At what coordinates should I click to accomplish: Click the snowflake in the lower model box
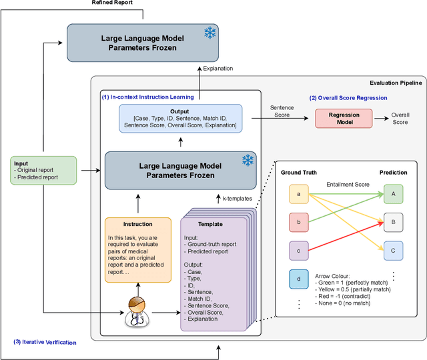tap(248, 160)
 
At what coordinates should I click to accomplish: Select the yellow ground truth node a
tap(298, 194)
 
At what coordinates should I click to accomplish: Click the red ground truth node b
tap(298, 222)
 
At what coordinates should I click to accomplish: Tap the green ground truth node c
tap(298, 250)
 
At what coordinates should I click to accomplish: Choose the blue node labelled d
tap(298, 279)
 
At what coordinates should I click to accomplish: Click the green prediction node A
tap(393, 194)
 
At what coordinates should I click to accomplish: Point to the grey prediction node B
tap(393, 222)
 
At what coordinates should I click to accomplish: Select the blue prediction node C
tap(393, 251)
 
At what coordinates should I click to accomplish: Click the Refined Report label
tap(112, 3)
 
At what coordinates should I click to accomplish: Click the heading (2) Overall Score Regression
tap(347, 97)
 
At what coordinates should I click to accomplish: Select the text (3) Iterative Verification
tap(45, 343)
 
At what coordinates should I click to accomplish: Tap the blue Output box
tap(179, 118)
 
